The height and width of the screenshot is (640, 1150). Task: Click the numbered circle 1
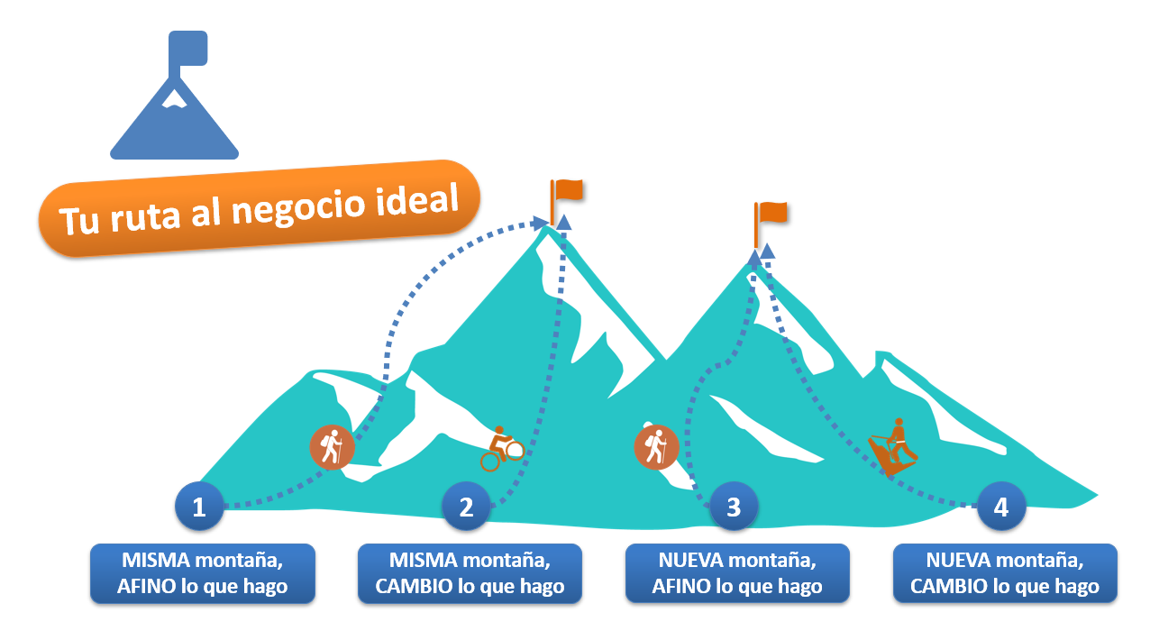point(199,507)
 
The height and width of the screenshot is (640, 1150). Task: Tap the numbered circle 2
point(466,507)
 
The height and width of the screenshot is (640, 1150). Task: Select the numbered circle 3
point(733,507)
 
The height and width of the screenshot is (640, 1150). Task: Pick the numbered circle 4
point(1000,507)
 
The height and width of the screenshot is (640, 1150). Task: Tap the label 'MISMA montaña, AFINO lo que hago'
point(202,573)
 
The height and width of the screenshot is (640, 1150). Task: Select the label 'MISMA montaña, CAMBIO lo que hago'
point(470,573)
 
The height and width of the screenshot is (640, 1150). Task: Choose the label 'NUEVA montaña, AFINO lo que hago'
point(737,573)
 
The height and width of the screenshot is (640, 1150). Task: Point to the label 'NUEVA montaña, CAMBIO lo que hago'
point(1005,573)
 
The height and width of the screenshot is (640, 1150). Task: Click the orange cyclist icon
point(502,449)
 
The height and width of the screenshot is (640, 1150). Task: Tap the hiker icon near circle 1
point(332,446)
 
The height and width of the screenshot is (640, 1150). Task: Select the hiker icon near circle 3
point(655,446)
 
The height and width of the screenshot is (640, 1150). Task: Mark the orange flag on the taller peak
point(568,191)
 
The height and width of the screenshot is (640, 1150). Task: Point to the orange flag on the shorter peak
point(771,214)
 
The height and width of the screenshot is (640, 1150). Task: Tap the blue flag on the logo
point(188,49)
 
